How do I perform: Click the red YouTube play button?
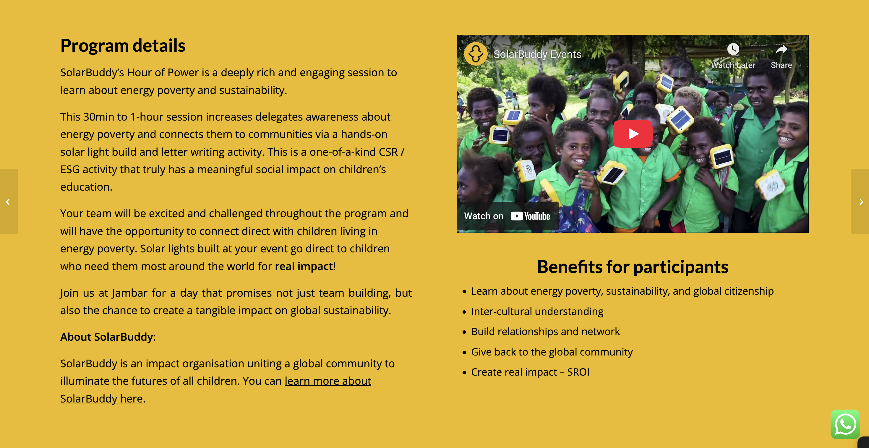633,134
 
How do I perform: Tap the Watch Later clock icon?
733,49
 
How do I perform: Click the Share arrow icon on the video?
781,50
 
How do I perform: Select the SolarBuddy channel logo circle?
476,54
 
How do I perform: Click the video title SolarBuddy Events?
537,54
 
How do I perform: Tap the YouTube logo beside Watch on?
530,216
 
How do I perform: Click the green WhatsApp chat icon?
845,424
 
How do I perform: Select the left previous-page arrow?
8,202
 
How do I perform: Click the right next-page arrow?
861,202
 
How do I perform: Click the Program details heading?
123,46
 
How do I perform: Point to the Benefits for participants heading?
633,267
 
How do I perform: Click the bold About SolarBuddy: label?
108,337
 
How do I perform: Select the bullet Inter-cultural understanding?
537,311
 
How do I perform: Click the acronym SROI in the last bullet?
578,372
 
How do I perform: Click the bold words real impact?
304,266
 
